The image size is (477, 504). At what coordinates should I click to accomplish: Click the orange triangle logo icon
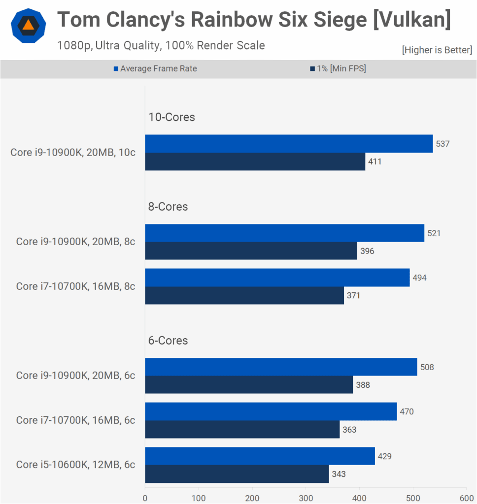pos(29,26)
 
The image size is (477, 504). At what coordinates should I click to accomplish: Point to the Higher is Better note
pos(437,50)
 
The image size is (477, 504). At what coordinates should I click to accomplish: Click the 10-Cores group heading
pos(171,117)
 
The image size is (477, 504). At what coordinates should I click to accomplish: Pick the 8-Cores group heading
pos(168,207)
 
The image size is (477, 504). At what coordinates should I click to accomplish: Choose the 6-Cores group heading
pos(168,341)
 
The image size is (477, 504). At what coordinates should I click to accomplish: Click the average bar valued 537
pos(289,144)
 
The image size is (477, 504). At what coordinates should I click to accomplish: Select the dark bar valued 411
pos(255,161)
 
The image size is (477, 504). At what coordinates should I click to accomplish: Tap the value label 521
pos(434,233)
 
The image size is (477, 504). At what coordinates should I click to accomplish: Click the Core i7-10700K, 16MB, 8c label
pos(75,286)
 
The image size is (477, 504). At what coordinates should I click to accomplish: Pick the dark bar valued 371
pos(244,295)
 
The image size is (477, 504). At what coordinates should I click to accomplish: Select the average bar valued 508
pos(281,367)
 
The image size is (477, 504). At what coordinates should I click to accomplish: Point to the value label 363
pos(349,430)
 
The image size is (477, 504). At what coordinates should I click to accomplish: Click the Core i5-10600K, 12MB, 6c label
pos(75,465)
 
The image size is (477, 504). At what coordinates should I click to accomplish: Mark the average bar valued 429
pos(260,456)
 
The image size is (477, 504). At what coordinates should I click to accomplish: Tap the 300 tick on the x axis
pos(306,498)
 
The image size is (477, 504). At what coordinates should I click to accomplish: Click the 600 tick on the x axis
pos(466,498)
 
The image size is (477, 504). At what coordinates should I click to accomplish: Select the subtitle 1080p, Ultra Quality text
pos(108,46)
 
